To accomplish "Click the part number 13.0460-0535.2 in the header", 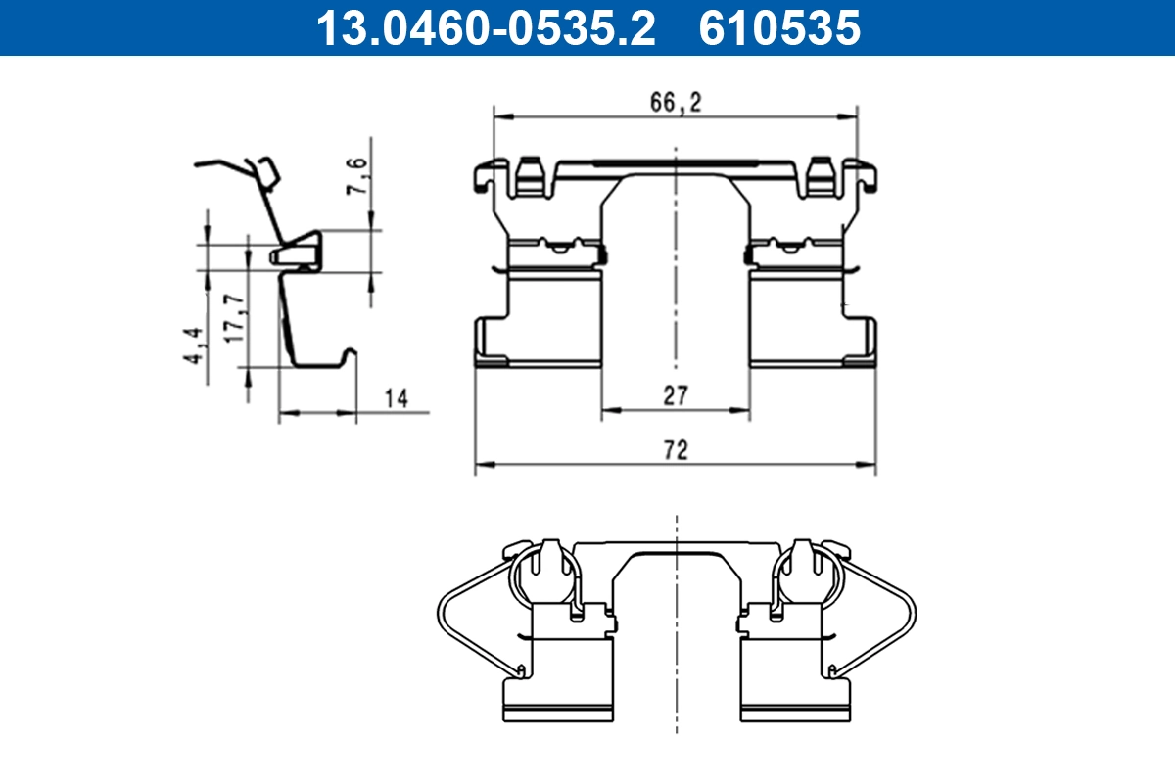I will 484,27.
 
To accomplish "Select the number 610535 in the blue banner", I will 779,27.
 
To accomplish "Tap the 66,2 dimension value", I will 677,103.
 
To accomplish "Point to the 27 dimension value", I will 676,395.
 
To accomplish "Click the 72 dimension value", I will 676,450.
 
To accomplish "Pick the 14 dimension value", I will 396,397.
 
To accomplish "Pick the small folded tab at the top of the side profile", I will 266,172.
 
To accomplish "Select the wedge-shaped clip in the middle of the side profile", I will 297,250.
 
